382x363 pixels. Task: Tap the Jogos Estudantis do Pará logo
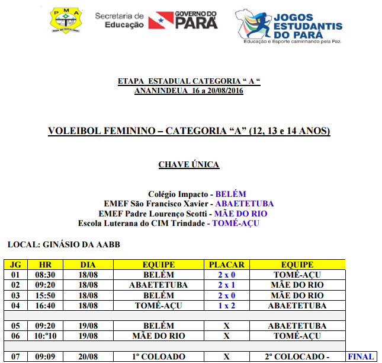[x=288, y=24]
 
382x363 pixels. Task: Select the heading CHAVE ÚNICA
[x=189, y=164]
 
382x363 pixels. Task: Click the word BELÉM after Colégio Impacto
[x=230, y=194]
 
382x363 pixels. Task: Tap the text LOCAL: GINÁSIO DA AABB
[x=64, y=244]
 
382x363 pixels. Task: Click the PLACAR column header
[x=226, y=265]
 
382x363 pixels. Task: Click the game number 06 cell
[x=15, y=336]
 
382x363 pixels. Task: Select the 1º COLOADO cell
[x=159, y=356]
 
